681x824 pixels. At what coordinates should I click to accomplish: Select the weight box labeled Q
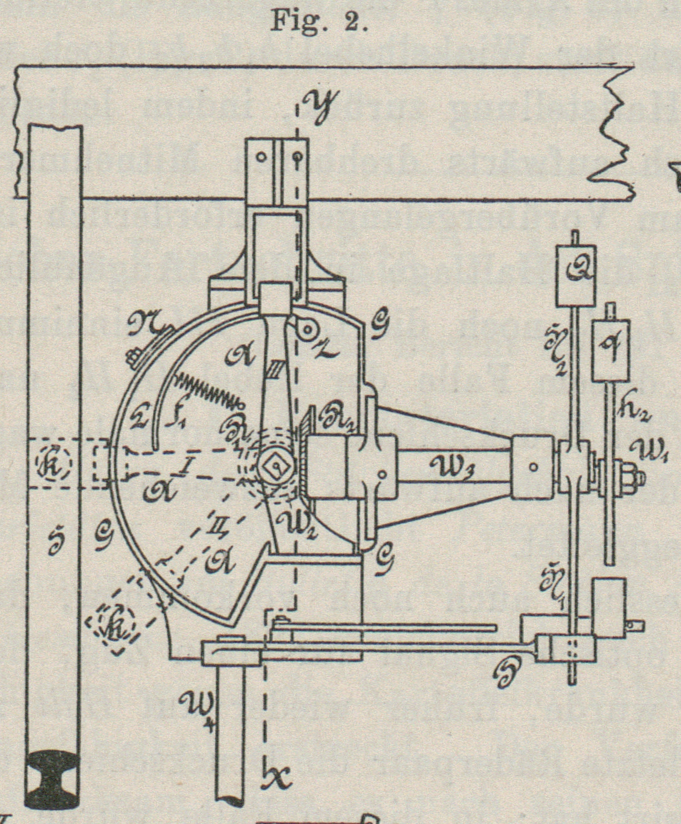tap(576, 275)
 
